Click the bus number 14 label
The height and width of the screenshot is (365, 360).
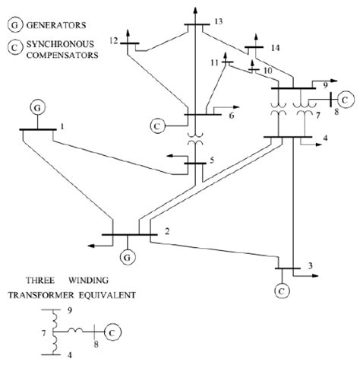[275, 47]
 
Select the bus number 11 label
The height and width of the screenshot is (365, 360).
[215, 61]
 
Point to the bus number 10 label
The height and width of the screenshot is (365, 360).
[266, 70]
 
